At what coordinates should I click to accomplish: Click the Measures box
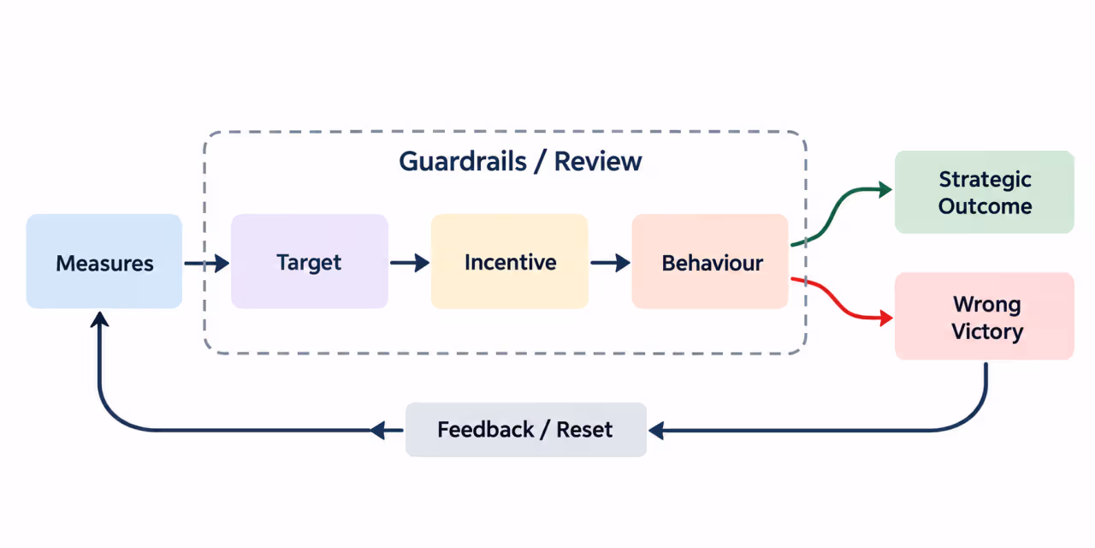click(x=104, y=261)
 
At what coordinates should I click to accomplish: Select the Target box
click(x=310, y=261)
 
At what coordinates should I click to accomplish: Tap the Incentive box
click(x=509, y=261)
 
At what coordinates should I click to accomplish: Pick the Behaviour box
click(x=710, y=261)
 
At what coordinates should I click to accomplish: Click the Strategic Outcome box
click(x=985, y=192)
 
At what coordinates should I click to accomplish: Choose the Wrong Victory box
click(x=985, y=316)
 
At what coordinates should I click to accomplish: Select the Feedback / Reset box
click(x=526, y=430)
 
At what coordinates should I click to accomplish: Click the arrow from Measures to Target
click(x=207, y=263)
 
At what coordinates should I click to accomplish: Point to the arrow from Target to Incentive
click(x=410, y=263)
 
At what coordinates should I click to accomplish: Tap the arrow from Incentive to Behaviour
click(x=610, y=263)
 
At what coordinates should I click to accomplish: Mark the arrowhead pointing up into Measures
click(x=100, y=319)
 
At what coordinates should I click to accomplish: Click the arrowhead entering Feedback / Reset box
click(x=656, y=431)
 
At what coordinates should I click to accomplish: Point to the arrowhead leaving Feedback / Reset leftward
click(x=377, y=431)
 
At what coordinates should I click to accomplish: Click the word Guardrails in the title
click(x=463, y=162)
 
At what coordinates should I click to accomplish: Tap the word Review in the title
click(x=598, y=162)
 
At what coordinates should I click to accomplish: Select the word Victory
click(x=987, y=331)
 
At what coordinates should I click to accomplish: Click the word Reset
click(x=584, y=430)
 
